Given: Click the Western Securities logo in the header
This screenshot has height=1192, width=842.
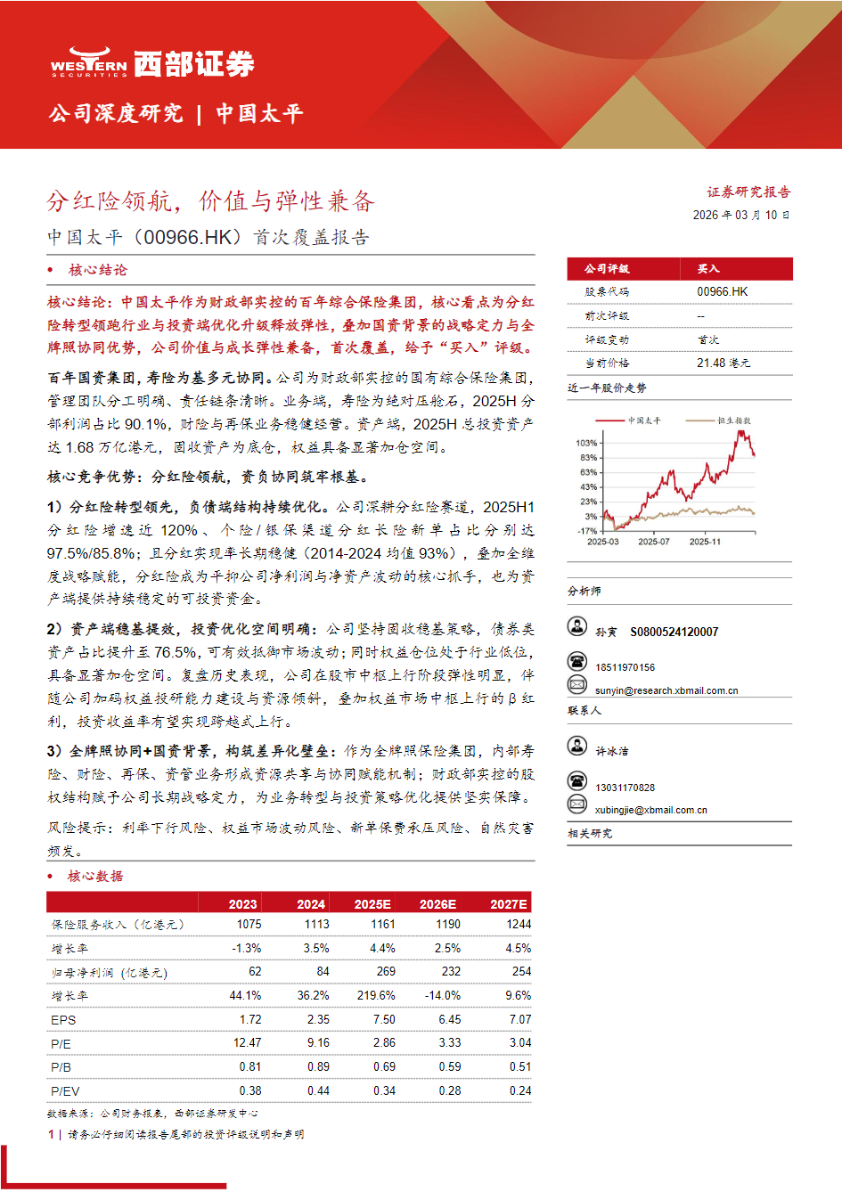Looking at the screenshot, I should [152, 64].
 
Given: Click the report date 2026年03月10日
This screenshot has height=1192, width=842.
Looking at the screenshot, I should [740, 216].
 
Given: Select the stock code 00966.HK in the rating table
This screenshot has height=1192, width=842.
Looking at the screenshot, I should [722, 291].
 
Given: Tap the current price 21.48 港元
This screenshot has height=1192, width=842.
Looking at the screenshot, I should [723, 363].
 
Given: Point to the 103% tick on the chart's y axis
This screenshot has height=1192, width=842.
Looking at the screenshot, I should [586, 443].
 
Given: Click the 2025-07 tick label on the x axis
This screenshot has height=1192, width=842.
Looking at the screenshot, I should [653, 542].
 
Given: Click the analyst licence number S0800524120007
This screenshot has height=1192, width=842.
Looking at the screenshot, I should [674, 632].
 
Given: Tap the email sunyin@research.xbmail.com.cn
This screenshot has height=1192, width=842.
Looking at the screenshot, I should [666, 690].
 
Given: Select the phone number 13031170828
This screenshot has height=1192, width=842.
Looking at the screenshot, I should [625, 788].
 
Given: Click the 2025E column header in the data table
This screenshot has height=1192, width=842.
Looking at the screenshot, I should [372, 904].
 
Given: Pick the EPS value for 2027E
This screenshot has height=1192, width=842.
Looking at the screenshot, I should [519, 1019].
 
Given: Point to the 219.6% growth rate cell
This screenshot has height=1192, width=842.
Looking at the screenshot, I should [375, 995].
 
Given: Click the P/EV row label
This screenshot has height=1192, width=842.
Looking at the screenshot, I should [65, 1090].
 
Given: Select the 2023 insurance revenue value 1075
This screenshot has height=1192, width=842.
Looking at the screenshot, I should [249, 925].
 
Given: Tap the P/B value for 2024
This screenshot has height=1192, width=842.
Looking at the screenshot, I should [318, 1066].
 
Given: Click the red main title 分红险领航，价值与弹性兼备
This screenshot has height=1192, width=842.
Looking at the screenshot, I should [210, 201].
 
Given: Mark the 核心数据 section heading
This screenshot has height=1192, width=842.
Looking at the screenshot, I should [95, 876].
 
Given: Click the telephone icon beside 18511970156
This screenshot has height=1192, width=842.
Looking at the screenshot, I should [576, 661].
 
